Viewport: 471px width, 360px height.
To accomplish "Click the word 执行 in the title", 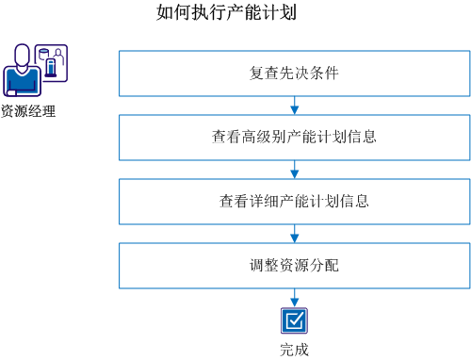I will point(214,13).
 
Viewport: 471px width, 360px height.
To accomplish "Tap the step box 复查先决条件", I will point(294,73).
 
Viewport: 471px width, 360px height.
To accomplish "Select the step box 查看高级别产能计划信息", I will point(294,137).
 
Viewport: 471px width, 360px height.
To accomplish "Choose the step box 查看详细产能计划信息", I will point(294,201).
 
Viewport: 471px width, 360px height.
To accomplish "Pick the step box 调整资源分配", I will point(294,265).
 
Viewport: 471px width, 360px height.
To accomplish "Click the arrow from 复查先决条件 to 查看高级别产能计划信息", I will point(295,105).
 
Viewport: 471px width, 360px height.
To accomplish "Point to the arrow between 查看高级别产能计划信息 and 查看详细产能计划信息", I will point(295,169).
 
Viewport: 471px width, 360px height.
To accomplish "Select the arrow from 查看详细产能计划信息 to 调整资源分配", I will point(295,233).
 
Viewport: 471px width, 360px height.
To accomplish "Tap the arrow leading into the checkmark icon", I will point(295,297).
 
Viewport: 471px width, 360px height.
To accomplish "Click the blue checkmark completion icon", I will point(295,321).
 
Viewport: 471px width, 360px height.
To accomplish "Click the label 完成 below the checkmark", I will point(294,350).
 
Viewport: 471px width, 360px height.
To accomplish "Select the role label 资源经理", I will point(28,111).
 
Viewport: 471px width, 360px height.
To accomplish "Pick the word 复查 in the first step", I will point(263,73).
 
